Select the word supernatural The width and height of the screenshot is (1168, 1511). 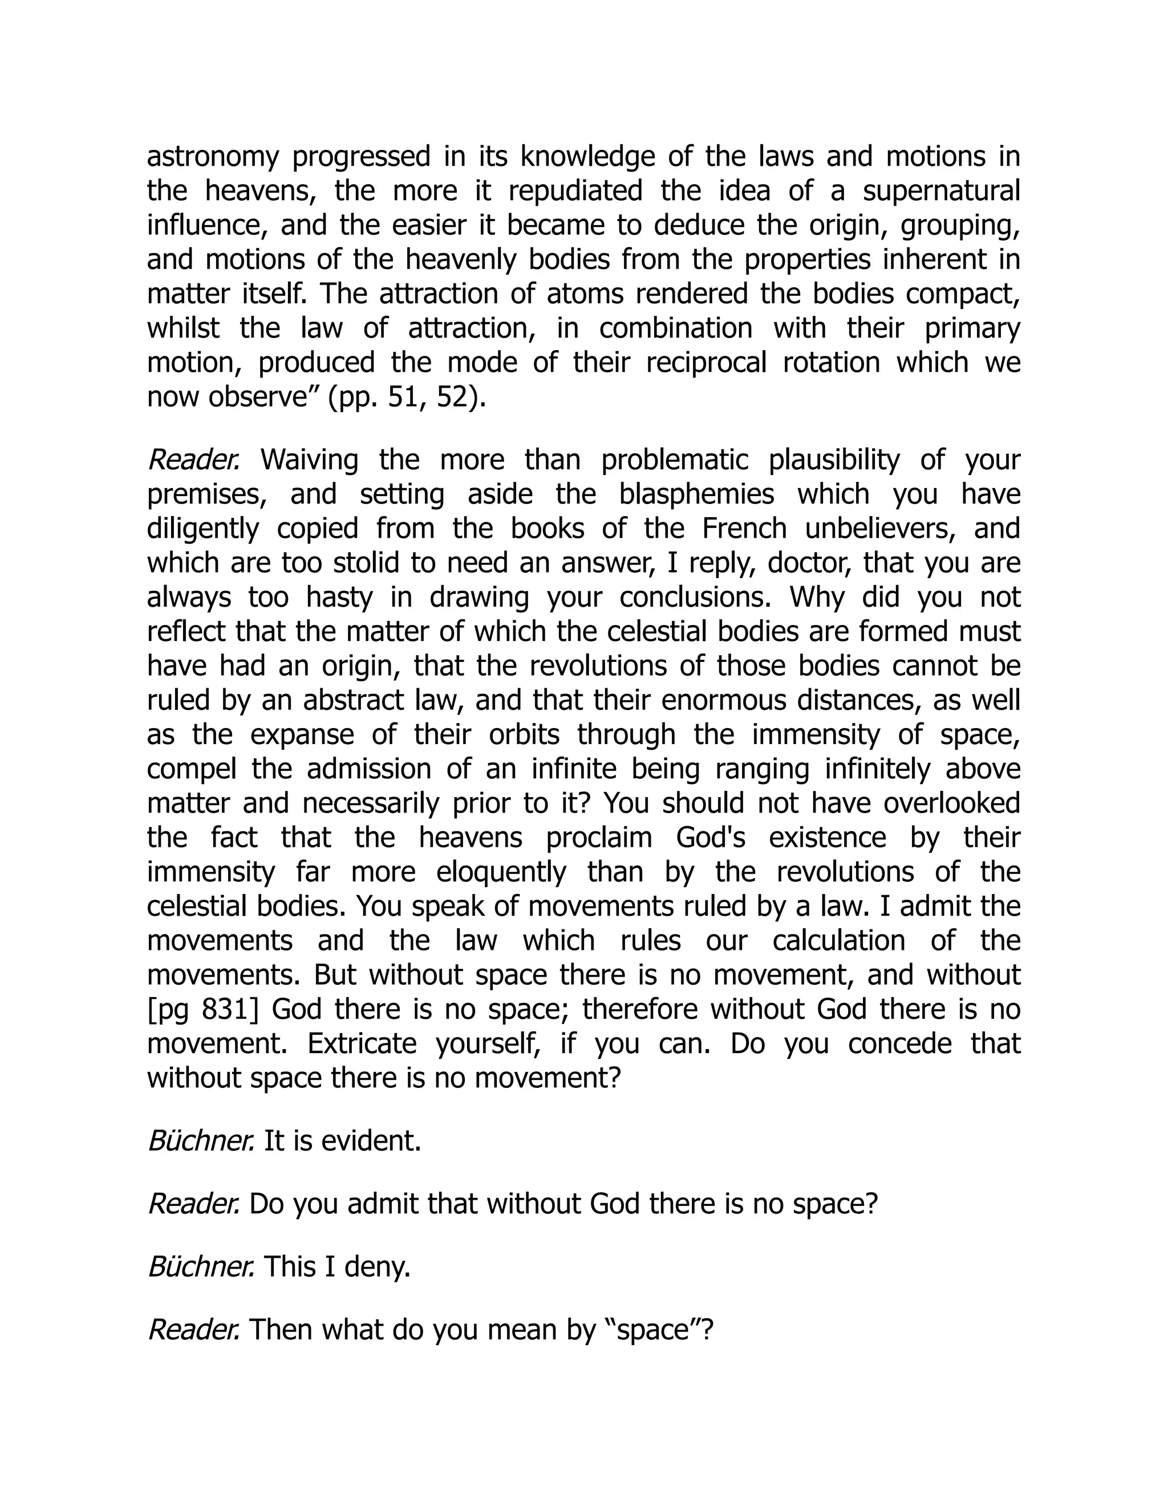941,192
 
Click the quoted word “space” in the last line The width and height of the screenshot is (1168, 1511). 654,1330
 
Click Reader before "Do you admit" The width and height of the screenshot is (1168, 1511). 194,1204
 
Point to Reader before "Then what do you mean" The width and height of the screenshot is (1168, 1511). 194,1330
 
